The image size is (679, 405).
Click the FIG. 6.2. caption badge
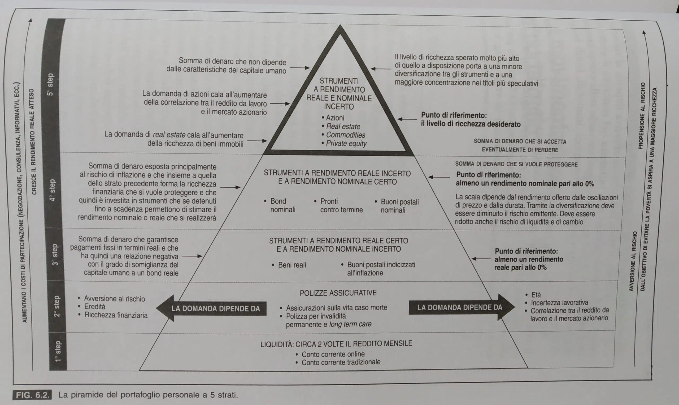pyautogui.click(x=32, y=395)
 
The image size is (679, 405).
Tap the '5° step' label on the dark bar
pyautogui.click(x=50, y=85)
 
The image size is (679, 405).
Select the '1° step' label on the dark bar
pyautogui.click(x=58, y=351)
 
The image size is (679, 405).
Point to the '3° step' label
pyautogui.click(x=55, y=255)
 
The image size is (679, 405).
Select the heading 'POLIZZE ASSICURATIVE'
pyautogui.click(x=338, y=293)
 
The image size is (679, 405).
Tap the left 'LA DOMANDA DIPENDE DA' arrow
pyautogui.click(x=211, y=308)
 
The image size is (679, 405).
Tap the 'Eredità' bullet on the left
pyautogui.click(x=95, y=307)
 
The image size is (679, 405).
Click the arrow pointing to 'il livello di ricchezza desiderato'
pyautogui.click(x=407, y=119)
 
